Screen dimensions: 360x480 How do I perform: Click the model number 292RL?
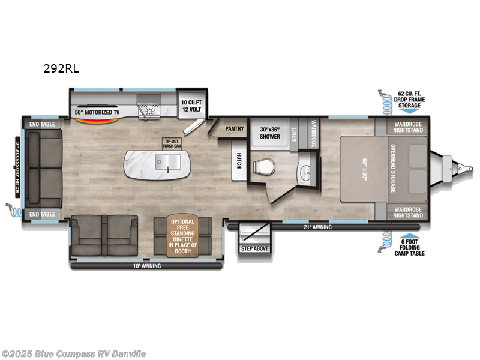[61, 68]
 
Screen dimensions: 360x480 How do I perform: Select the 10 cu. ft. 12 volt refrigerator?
[192, 106]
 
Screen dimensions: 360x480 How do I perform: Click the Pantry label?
[233, 128]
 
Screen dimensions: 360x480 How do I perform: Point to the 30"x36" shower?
[270, 133]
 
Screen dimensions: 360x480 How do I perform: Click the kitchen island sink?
[167, 160]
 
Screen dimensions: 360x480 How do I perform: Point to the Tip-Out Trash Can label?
[171, 143]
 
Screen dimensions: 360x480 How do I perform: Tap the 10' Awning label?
[148, 265]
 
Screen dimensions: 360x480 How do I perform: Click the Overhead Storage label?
[394, 169]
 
